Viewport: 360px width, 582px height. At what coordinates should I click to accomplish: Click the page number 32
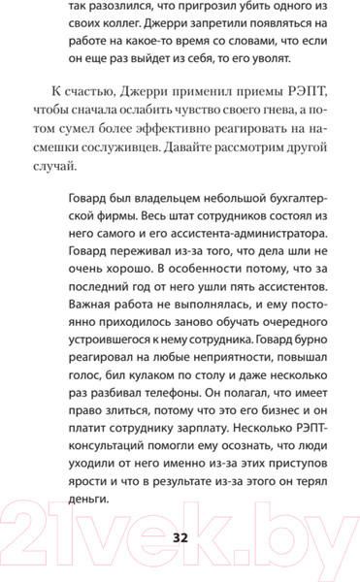[x=180, y=539]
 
